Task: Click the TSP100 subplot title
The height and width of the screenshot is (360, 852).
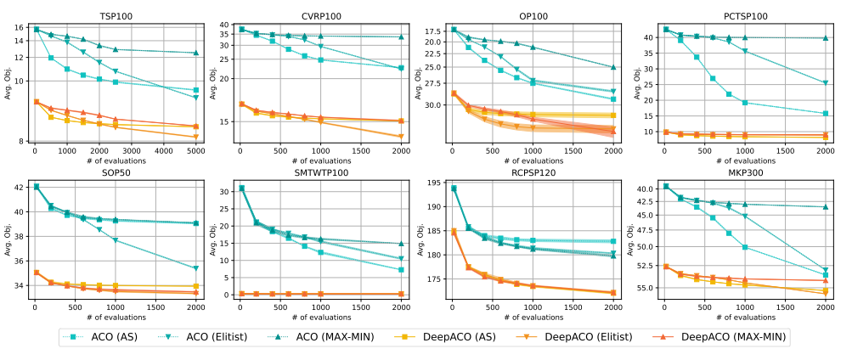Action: pos(116,16)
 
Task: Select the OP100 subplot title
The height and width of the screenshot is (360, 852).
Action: pos(533,16)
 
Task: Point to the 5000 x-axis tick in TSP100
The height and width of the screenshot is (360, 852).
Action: pos(195,150)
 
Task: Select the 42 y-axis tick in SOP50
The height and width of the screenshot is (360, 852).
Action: pos(20,188)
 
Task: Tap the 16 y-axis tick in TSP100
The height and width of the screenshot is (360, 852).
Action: pos(20,28)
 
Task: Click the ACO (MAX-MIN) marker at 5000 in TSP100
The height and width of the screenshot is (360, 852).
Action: pos(195,53)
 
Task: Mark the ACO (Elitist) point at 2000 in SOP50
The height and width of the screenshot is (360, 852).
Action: pos(195,268)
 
